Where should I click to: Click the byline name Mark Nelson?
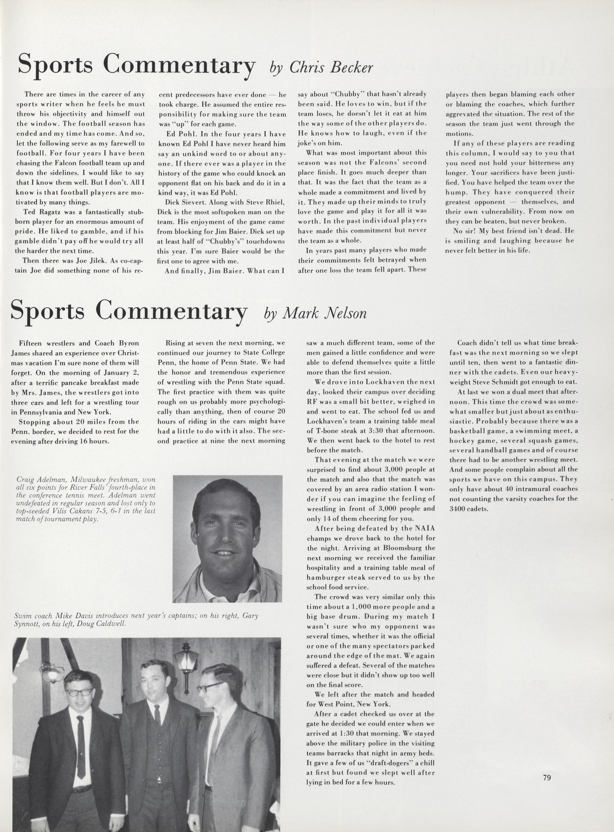click(325, 313)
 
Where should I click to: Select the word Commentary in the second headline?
click(171, 311)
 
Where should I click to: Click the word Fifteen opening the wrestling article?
click(31, 343)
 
